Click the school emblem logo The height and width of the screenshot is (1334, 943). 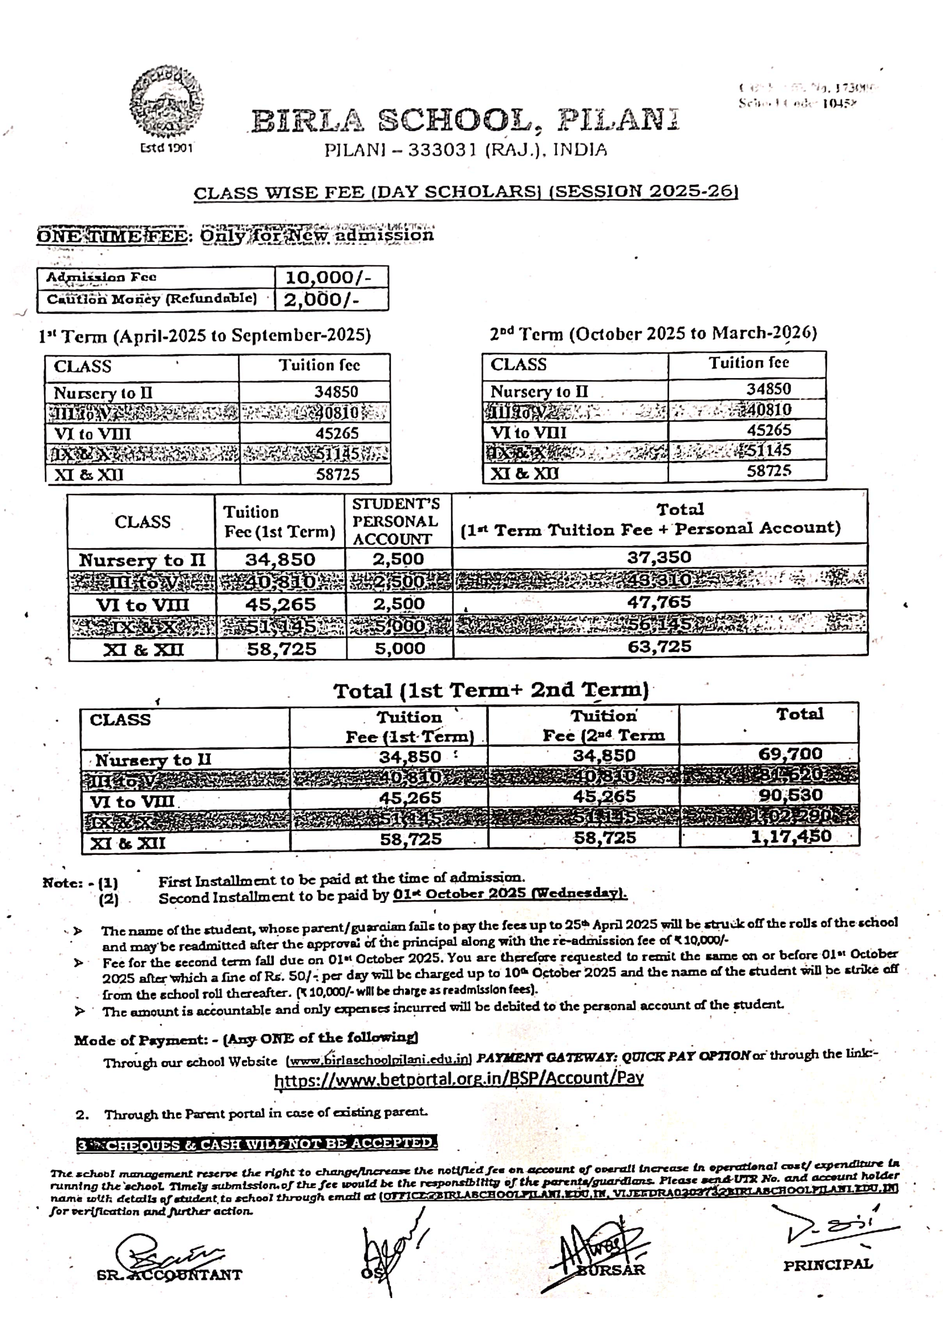pyautogui.click(x=167, y=102)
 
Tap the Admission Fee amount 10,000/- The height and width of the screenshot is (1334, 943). pyautogui.click(x=327, y=277)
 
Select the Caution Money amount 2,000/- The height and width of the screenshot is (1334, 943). pyautogui.click(x=321, y=299)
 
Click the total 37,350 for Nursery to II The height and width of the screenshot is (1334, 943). pyautogui.click(x=659, y=557)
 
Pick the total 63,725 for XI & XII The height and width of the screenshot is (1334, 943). pyautogui.click(x=659, y=647)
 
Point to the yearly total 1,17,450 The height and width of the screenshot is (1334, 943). pyautogui.click(x=791, y=836)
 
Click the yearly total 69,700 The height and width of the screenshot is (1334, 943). pyautogui.click(x=790, y=754)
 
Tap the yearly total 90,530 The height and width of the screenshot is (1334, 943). pyautogui.click(x=790, y=795)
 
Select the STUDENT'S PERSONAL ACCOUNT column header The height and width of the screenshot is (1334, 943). pyautogui.click(x=396, y=521)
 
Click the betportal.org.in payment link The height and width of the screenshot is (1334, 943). pyautogui.click(x=459, y=1079)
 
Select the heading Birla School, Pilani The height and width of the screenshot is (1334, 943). pyautogui.click(x=465, y=120)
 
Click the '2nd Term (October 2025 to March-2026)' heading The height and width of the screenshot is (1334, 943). pyautogui.click(x=653, y=334)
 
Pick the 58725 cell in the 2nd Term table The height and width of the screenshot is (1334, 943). pyautogui.click(x=768, y=471)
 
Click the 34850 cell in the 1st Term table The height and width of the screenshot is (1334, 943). pyautogui.click(x=337, y=392)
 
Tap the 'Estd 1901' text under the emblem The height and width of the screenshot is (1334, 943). pyautogui.click(x=166, y=148)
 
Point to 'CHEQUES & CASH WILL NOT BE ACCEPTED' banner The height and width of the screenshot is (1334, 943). pyautogui.click(x=257, y=1144)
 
